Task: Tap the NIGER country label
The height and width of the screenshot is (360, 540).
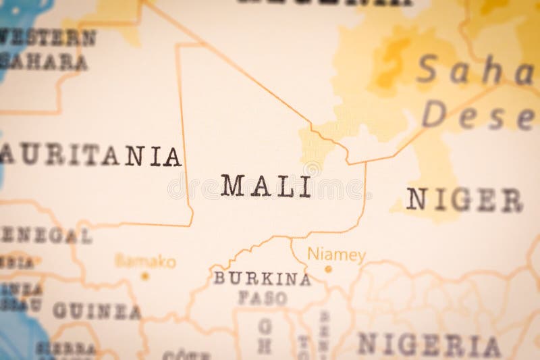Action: pyautogui.click(x=464, y=200)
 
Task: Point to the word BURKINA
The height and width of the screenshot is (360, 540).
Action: pyautogui.click(x=262, y=278)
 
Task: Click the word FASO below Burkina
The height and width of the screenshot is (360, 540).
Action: pyautogui.click(x=262, y=297)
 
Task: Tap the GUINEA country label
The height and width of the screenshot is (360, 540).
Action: pyautogui.click(x=97, y=311)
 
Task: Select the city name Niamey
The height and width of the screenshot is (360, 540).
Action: pyautogui.click(x=336, y=255)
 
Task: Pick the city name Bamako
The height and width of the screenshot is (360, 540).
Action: pyautogui.click(x=145, y=261)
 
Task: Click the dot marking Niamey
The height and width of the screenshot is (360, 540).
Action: pyautogui.click(x=329, y=268)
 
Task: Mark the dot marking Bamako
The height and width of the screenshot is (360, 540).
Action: pyautogui.click(x=144, y=276)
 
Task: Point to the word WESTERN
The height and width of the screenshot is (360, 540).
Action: pyautogui.click(x=47, y=38)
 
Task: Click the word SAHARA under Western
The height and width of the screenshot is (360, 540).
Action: pyautogui.click(x=44, y=62)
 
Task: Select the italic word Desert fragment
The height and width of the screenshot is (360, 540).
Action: pyautogui.click(x=479, y=115)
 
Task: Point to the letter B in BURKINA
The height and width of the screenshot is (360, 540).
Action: pyautogui.click(x=219, y=278)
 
